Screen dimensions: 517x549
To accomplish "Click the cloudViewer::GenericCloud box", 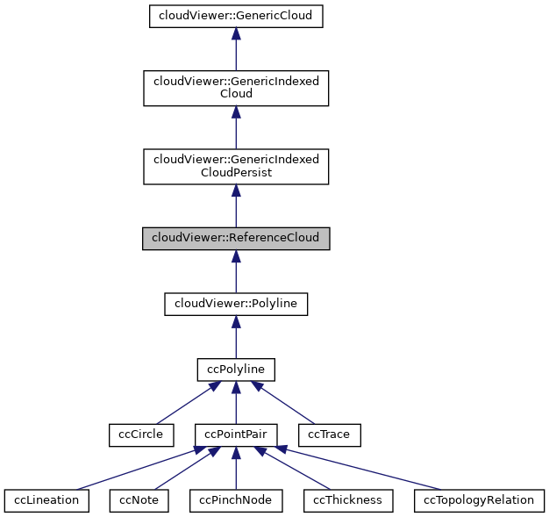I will click(236, 17).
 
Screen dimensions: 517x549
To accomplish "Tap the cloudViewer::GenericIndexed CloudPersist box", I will click(236, 166).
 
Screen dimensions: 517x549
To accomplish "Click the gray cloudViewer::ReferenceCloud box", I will click(236, 238).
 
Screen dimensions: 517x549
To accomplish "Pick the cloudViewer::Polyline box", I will click(236, 304).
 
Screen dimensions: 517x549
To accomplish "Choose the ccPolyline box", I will click(236, 370).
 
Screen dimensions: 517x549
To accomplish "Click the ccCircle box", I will click(136, 434).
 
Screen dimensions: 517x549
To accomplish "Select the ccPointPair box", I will click(236, 434).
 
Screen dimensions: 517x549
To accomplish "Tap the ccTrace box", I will click(330, 434).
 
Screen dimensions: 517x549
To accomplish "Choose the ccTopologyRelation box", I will click(479, 500).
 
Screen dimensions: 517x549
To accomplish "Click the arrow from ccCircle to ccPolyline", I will click(185, 402).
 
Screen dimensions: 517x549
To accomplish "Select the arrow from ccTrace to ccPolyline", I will click(283, 402).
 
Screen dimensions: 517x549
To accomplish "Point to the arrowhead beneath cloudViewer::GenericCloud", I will click(236, 35).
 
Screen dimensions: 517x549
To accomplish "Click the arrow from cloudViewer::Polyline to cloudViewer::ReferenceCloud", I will click(236, 271).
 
